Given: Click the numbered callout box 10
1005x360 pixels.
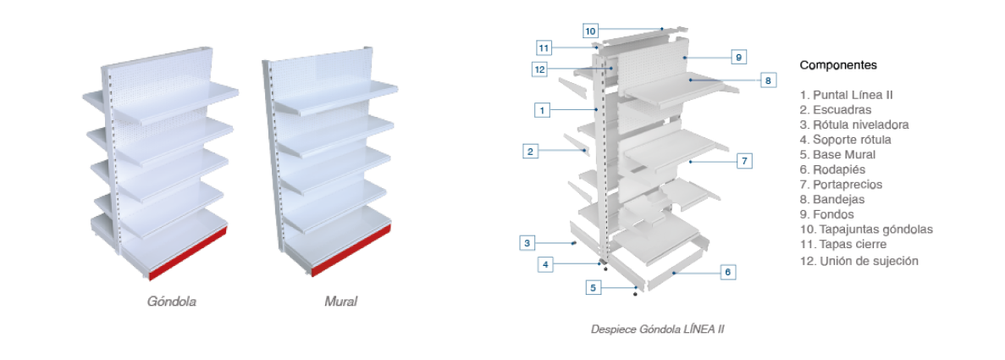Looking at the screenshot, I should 591,31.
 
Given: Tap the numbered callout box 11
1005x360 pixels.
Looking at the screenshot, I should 544,47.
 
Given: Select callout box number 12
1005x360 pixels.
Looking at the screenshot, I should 540,69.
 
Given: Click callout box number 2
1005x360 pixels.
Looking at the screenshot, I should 530,152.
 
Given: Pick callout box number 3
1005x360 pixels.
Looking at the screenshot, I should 527,243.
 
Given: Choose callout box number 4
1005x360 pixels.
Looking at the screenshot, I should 546,264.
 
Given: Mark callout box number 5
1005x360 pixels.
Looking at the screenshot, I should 594,287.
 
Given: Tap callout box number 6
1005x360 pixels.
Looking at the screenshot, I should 727,272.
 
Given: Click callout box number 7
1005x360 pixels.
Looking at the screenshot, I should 744,160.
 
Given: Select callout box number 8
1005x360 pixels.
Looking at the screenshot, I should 768,80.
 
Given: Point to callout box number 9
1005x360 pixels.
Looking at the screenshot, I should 738,57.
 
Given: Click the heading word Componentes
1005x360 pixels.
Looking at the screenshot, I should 838,65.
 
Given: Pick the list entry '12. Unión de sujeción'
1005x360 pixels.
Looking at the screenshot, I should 859,260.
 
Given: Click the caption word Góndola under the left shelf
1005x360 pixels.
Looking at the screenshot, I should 172,301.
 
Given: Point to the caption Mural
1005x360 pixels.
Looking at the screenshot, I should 340,301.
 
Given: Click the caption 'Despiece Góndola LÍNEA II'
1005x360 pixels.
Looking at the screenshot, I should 657,329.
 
